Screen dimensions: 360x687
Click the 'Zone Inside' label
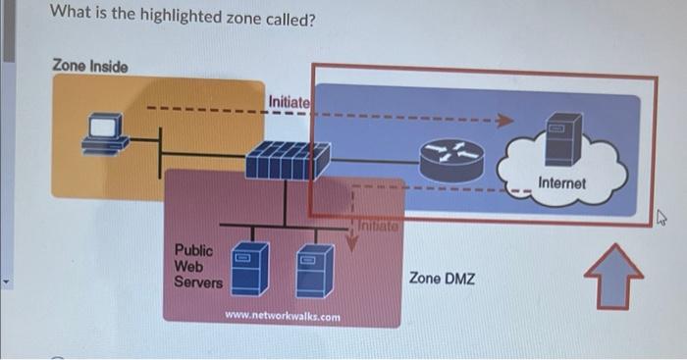(89, 66)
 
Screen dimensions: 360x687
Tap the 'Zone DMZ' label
(442, 279)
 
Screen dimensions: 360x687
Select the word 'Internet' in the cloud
(561, 183)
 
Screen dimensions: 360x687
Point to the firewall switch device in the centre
(288, 160)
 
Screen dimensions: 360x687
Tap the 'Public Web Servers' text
(197, 267)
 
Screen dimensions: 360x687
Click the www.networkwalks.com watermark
(283, 316)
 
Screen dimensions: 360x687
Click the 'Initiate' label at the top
(289, 101)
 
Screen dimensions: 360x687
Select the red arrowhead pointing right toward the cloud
(504, 121)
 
